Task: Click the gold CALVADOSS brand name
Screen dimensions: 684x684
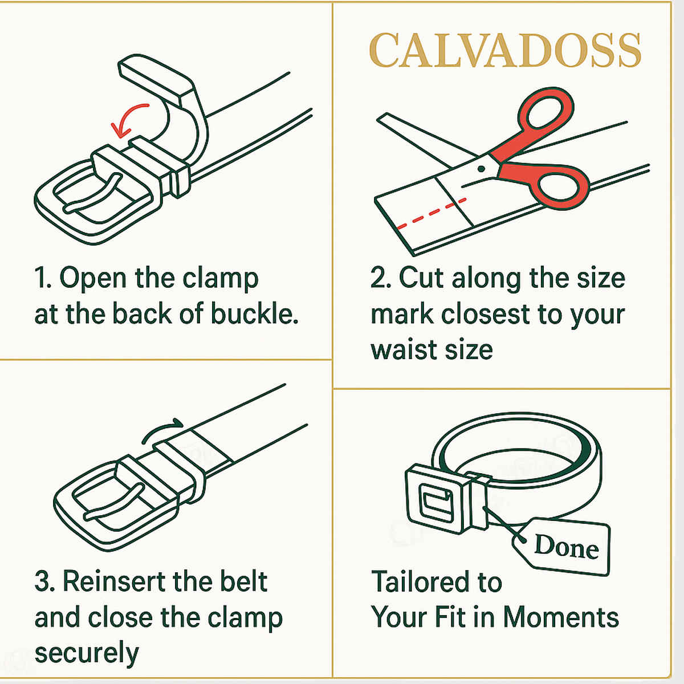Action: (505, 51)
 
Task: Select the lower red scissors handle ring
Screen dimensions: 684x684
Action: (561, 185)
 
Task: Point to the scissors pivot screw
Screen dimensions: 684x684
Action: (481, 169)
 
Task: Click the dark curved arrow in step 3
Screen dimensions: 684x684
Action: (162, 430)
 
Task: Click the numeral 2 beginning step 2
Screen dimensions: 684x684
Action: (378, 279)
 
